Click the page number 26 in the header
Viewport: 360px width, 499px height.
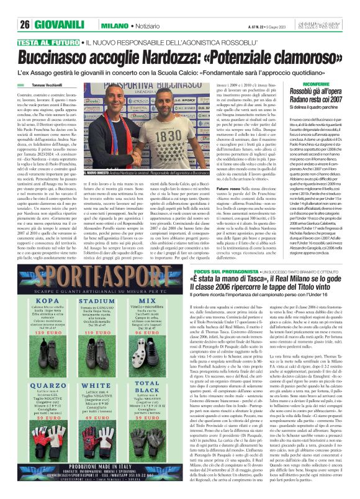pyautogui.click(x=25, y=7)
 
